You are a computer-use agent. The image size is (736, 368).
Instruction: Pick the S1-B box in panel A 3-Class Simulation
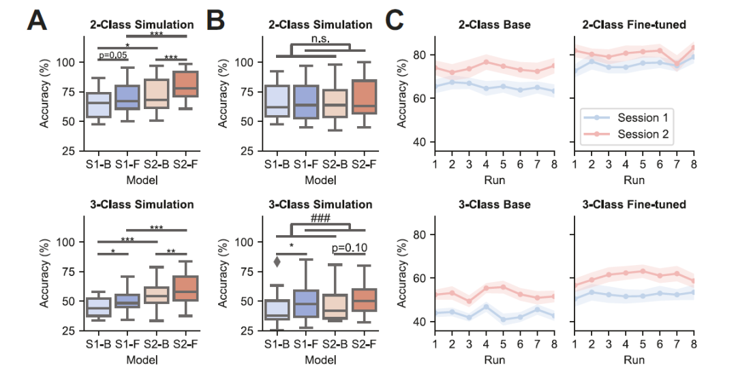tap(99, 307)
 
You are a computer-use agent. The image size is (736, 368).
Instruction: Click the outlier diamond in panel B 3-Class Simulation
tap(277, 261)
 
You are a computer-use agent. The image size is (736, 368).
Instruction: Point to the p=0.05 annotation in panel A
tap(113, 55)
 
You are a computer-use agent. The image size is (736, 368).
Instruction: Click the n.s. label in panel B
tap(320, 39)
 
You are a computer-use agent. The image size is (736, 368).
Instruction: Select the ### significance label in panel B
tap(320, 218)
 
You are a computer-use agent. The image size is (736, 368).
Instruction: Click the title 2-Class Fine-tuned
tap(634, 25)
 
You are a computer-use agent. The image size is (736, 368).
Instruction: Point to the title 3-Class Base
tap(495, 204)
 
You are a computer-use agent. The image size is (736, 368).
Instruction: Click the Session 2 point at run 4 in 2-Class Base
tap(487, 62)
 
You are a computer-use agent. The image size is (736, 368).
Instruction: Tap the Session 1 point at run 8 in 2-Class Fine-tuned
tap(694, 56)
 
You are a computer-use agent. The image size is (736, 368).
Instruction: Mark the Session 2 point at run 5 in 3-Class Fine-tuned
tap(643, 271)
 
